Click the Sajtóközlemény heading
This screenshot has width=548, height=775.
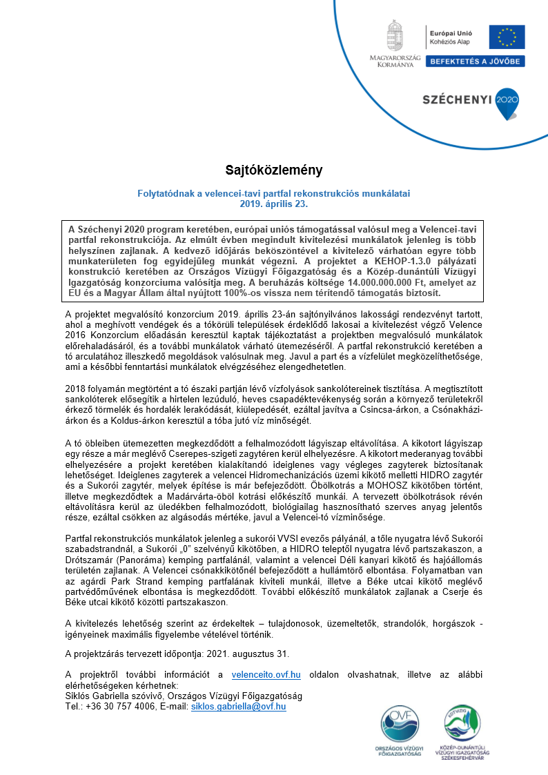(274, 169)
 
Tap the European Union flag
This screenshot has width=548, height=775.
(507, 37)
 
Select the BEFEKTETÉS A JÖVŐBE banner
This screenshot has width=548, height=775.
(476, 61)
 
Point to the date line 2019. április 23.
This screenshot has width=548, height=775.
(273, 204)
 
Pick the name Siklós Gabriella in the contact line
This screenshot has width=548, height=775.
(99, 696)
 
